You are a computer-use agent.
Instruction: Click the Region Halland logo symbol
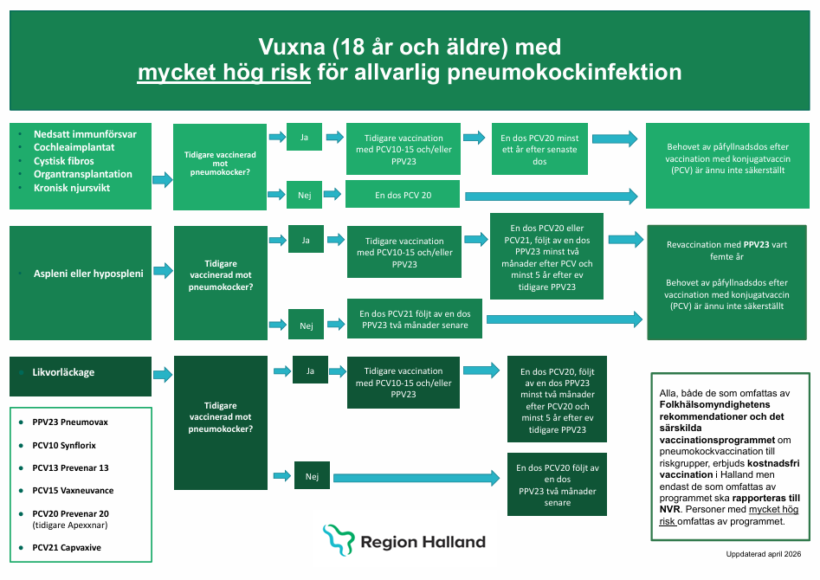click(x=339, y=539)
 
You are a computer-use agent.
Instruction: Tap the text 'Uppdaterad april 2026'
click(x=763, y=554)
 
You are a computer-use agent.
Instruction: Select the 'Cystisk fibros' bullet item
click(x=64, y=161)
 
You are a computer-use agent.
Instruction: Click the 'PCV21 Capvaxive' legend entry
click(x=67, y=548)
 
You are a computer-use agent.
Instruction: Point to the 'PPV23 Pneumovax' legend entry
click(x=70, y=422)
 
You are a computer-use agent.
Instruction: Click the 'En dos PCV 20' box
click(x=403, y=195)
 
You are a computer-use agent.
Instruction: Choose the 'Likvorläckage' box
click(x=81, y=376)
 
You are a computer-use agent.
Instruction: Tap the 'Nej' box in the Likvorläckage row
click(x=313, y=475)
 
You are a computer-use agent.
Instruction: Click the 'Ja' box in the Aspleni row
click(x=306, y=239)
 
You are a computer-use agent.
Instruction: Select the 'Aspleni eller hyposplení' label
click(x=88, y=273)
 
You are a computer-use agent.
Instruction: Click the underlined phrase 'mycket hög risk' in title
click(x=224, y=72)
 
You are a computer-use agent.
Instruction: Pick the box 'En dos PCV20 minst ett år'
click(x=539, y=149)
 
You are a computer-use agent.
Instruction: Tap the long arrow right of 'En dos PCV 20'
click(x=552, y=197)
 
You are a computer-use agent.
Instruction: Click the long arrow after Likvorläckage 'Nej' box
click(x=416, y=477)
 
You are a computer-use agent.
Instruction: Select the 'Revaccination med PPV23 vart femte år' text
click(x=726, y=250)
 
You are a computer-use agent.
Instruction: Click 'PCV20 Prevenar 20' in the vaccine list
click(x=71, y=513)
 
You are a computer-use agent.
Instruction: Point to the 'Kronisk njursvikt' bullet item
click(x=72, y=188)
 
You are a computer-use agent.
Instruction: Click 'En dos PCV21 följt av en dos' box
click(x=415, y=319)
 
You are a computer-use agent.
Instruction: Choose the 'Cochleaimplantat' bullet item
click(x=74, y=147)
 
